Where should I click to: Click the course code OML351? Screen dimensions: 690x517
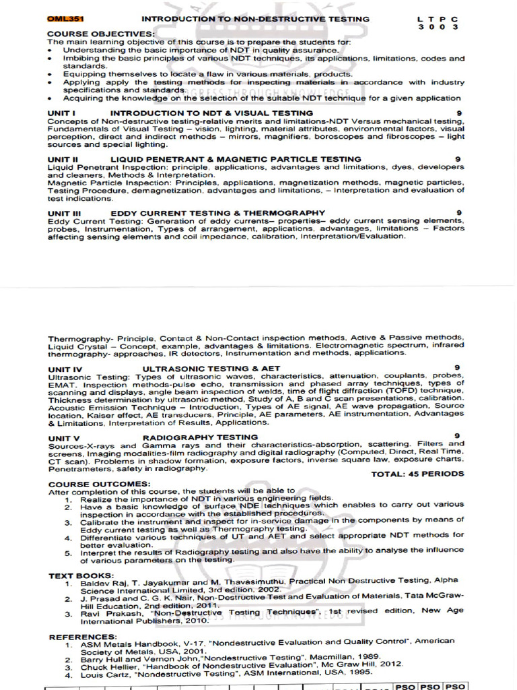pos(65,19)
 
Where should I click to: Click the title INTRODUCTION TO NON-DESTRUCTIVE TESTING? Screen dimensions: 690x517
pos(255,19)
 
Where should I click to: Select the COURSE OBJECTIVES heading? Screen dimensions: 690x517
pos(100,34)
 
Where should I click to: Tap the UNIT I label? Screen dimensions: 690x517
pos(61,113)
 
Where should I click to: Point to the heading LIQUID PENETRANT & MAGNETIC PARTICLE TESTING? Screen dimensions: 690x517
pos(236,159)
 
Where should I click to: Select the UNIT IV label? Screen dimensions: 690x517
pos(65,369)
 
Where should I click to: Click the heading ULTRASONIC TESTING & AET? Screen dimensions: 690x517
pos(211,369)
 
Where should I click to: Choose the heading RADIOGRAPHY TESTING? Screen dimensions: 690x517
pos(200,437)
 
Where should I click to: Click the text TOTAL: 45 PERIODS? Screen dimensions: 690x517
pos(417,474)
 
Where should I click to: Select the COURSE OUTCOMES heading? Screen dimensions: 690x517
pos(99,484)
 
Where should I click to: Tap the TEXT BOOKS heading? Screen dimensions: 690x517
pos(81,575)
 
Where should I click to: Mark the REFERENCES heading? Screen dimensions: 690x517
pos(82,636)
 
